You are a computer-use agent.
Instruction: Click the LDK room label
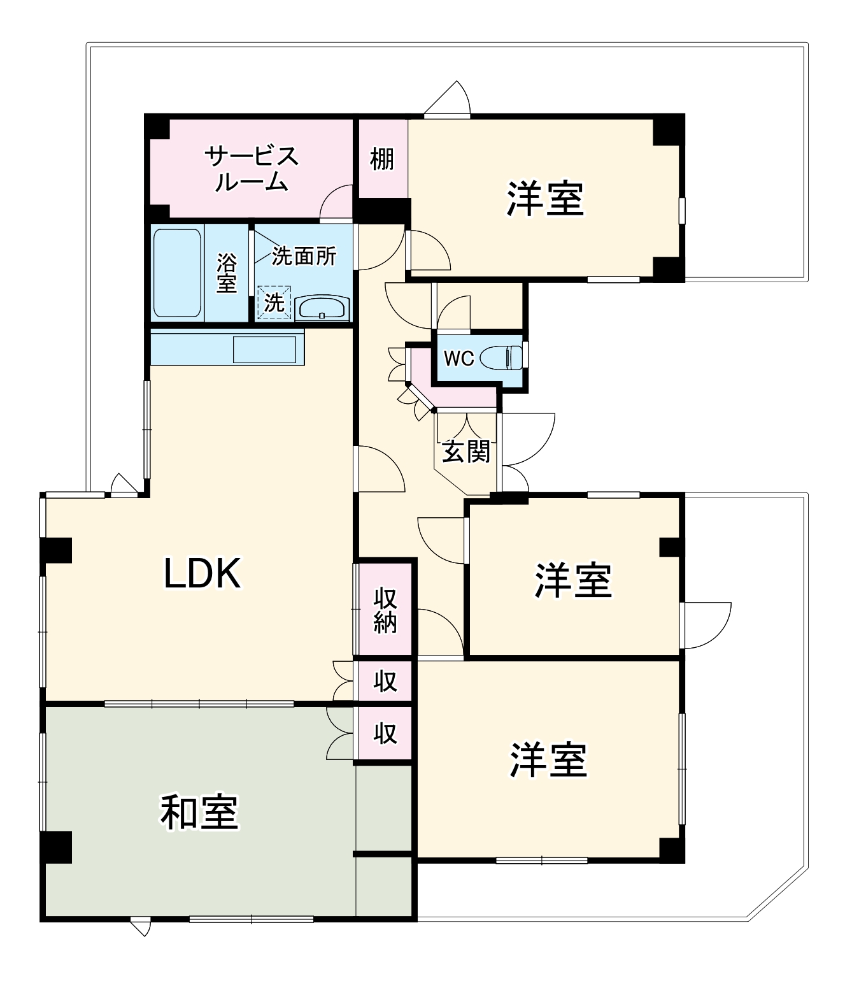coord(202,573)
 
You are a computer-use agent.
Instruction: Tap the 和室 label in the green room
coord(199,813)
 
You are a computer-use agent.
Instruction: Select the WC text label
coord(458,359)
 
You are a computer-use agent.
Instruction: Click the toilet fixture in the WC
coord(501,357)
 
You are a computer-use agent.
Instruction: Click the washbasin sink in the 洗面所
coord(322,309)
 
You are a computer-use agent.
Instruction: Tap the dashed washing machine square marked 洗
coord(274,303)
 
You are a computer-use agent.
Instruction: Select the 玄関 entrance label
coord(467,452)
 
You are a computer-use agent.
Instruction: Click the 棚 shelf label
coord(382,159)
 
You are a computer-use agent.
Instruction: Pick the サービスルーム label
coord(252,169)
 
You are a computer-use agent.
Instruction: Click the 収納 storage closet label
coord(385,610)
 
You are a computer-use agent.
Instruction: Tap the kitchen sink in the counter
coord(264,348)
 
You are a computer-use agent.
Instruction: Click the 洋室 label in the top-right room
coord(545,199)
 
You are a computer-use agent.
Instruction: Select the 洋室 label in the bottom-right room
coord(548,760)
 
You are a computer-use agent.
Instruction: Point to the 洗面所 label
coord(304,256)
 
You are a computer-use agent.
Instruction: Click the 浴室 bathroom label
coord(227,273)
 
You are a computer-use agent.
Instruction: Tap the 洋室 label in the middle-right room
coord(573,580)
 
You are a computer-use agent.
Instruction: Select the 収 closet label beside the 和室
coord(385,733)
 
